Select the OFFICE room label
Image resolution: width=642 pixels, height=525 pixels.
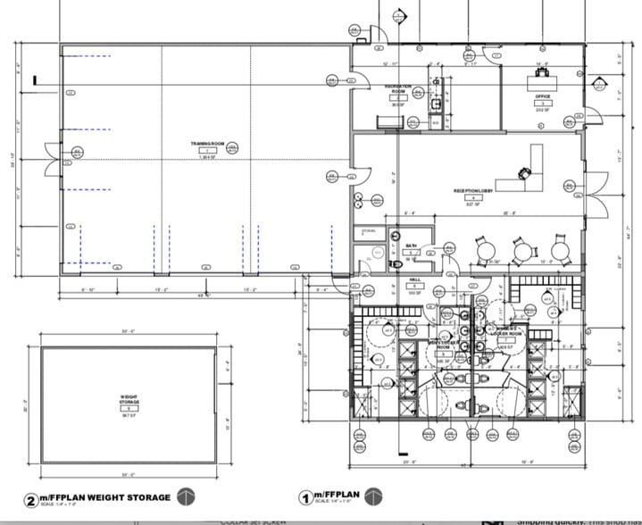coord(542,96)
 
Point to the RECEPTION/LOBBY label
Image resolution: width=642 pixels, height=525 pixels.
coord(474,191)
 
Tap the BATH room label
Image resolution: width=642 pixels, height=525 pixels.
coord(412,246)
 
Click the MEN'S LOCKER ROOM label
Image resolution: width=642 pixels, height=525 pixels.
coord(443,345)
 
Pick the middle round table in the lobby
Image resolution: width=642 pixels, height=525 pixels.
coord(522,250)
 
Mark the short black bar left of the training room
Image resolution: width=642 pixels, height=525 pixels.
coord(34,81)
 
